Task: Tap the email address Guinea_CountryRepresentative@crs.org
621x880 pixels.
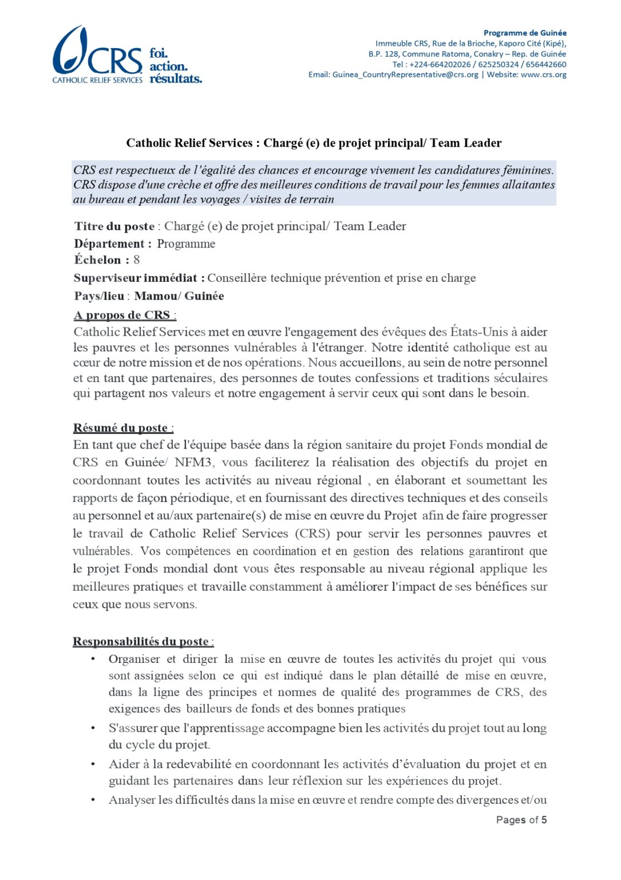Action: [x=405, y=74]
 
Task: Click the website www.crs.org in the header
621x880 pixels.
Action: [x=544, y=74]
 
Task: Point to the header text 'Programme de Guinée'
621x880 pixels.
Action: [x=525, y=33]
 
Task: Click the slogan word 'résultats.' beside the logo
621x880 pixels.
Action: [x=176, y=78]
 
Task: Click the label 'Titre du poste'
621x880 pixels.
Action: [x=114, y=226]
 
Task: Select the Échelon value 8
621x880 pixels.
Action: [x=137, y=260]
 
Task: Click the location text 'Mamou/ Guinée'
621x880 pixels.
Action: [x=179, y=296]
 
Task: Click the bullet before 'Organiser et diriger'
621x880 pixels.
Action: [x=93, y=659]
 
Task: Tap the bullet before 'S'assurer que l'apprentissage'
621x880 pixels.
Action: [x=93, y=728]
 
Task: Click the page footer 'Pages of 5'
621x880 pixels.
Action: [x=521, y=820]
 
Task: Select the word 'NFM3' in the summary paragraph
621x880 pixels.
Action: [x=193, y=462]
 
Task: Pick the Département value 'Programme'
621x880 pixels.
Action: [x=186, y=244]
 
